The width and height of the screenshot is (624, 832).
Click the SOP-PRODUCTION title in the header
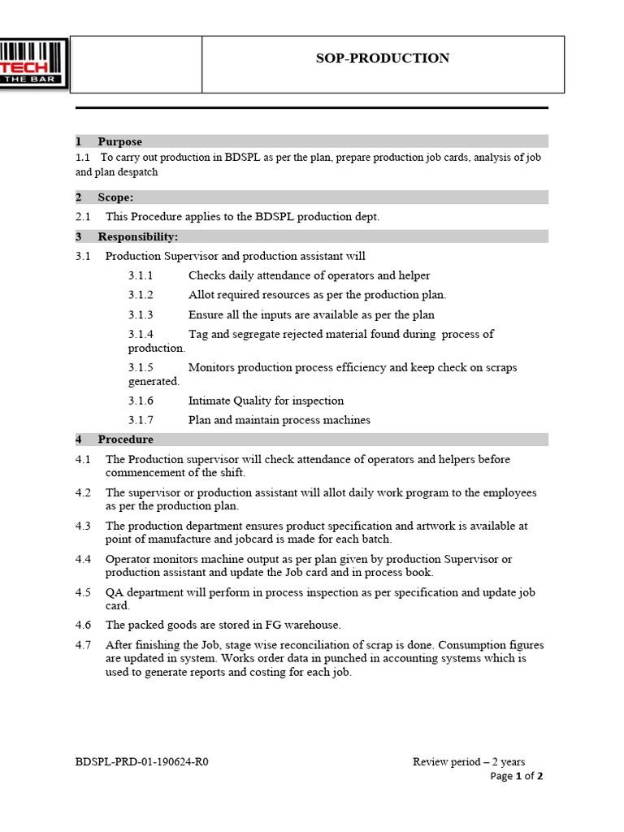pos(382,58)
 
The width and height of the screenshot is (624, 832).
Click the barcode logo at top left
pos(34,64)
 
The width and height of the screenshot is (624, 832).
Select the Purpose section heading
pos(119,141)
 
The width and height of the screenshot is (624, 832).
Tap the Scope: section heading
pos(115,197)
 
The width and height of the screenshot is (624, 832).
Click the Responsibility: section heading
pos(137,236)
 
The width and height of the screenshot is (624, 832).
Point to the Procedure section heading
pos(125,440)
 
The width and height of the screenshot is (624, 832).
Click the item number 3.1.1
pos(141,275)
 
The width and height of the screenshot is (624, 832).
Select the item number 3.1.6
pos(141,401)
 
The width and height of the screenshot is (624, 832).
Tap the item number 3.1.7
pos(141,420)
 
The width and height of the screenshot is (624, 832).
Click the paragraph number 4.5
pos(84,592)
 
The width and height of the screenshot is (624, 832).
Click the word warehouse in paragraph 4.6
pos(311,625)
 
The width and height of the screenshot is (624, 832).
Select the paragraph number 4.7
pos(84,645)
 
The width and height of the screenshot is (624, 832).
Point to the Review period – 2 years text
pos(469,762)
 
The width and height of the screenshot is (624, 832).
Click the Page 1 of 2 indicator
pos(517,776)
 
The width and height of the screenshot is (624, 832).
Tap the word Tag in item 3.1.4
pos(198,334)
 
